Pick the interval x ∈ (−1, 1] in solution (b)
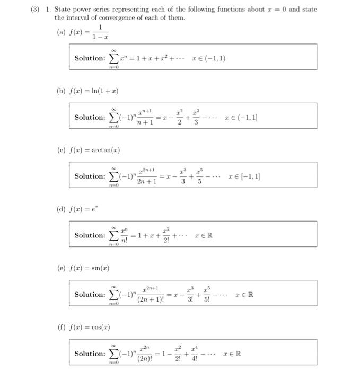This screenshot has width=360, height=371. tap(241, 117)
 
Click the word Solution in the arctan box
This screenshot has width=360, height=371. tap(90, 176)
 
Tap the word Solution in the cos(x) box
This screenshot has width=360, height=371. tap(90, 354)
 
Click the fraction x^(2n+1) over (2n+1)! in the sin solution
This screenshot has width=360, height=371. tap(150, 295)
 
